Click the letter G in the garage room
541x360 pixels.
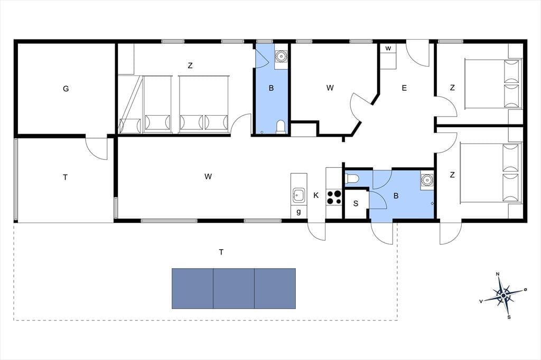66,89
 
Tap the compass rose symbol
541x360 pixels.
503,295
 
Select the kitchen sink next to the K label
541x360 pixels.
299,195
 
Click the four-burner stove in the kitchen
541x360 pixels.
334,197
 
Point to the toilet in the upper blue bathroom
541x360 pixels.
281,127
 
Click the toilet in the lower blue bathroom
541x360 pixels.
352,178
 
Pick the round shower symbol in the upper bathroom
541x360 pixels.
282,55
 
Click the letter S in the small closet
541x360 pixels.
356,203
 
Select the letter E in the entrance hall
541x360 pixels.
404,88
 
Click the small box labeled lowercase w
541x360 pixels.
388,49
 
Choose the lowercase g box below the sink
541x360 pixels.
299,212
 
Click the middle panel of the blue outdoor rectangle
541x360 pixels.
234,288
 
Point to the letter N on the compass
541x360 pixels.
498,274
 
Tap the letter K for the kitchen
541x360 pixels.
316,195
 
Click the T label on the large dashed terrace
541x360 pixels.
221,252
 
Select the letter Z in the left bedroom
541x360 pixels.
190,65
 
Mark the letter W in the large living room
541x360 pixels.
208,176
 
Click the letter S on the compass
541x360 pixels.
509,317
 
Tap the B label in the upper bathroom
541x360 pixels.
271,88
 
